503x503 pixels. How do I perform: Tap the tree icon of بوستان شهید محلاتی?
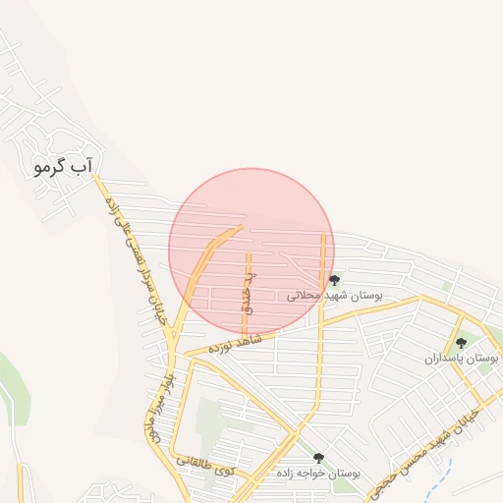[335, 280]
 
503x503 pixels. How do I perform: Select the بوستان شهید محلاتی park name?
[333, 295]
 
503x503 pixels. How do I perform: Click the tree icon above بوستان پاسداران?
[461, 343]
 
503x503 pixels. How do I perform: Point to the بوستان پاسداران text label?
[462, 359]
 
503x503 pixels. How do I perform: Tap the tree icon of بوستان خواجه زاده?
[317, 458]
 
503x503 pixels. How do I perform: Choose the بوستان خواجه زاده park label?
[318, 474]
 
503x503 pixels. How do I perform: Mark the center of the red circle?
[251, 251]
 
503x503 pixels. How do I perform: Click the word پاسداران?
[446, 359]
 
